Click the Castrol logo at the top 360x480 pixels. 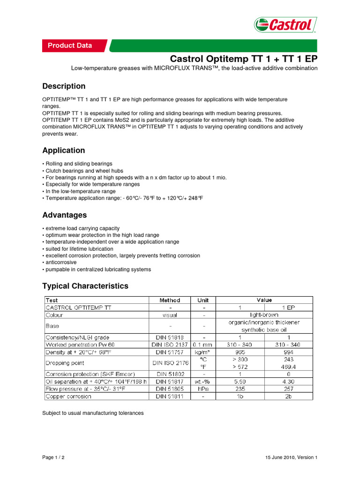point(285,25)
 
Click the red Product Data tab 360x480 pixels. point(70,45)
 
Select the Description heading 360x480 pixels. point(64,86)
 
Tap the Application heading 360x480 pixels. point(64,150)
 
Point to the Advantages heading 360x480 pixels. point(65,215)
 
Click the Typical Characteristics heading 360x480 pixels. point(85,286)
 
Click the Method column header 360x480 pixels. point(169,300)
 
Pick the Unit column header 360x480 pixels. point(203,300)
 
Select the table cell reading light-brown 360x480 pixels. point(264,315)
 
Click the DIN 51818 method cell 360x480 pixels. point(169,337)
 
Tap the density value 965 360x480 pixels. point(240,351)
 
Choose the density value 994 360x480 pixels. point(288,351)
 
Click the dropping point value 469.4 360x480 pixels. point(288,367)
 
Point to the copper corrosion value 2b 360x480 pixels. point(288,396)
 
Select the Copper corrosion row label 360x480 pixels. point(68,396)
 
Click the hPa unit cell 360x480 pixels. point(203,389)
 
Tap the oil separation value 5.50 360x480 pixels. point(240,381)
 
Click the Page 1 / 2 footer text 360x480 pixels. point(53,457)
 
